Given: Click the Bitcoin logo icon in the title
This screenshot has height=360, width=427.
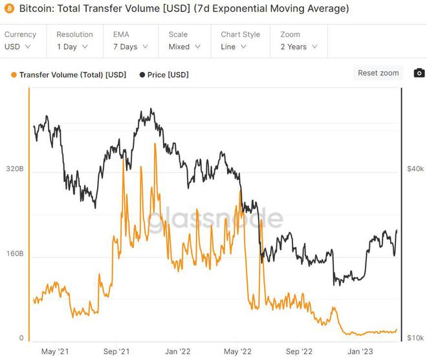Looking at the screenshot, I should pos(9,9).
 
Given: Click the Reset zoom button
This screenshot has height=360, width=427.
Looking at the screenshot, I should pos(378,73).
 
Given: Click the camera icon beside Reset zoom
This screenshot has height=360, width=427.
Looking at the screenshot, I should pos(419,73).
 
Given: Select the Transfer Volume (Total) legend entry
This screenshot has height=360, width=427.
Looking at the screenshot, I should pos(69,75).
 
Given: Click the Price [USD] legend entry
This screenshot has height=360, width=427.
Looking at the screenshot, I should pos(164,75).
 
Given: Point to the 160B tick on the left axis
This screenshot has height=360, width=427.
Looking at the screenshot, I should pos(15,253).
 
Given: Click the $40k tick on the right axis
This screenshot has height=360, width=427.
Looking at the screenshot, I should pos(415,168).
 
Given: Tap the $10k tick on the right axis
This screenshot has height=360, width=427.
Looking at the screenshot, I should pos(415,338).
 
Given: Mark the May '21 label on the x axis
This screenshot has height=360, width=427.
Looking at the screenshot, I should pos(55,352).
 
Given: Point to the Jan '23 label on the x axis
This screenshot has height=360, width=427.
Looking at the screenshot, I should pos(360,352).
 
